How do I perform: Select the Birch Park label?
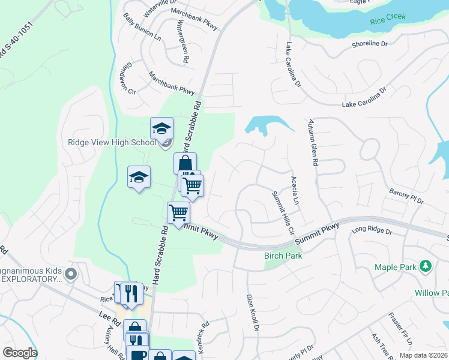pyautogui.click(x=283, y=256)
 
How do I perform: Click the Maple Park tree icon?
pyautogui.click(x=425, y=265)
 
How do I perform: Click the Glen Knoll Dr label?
pyautogui.click(x=252, y=313)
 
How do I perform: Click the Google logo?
pyautogui.click(x=20, y=353)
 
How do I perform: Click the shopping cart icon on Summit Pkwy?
pyautogui.click(x=178, y=212)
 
